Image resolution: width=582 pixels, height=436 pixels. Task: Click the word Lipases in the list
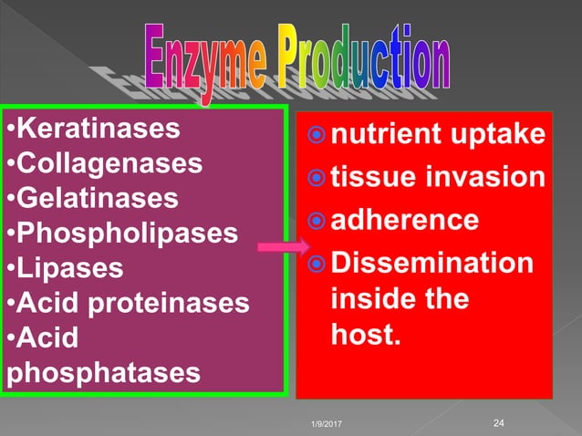coord(68,269)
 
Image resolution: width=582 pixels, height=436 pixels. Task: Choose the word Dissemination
coord(431,263)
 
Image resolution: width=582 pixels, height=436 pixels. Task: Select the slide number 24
coord(498,421)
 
